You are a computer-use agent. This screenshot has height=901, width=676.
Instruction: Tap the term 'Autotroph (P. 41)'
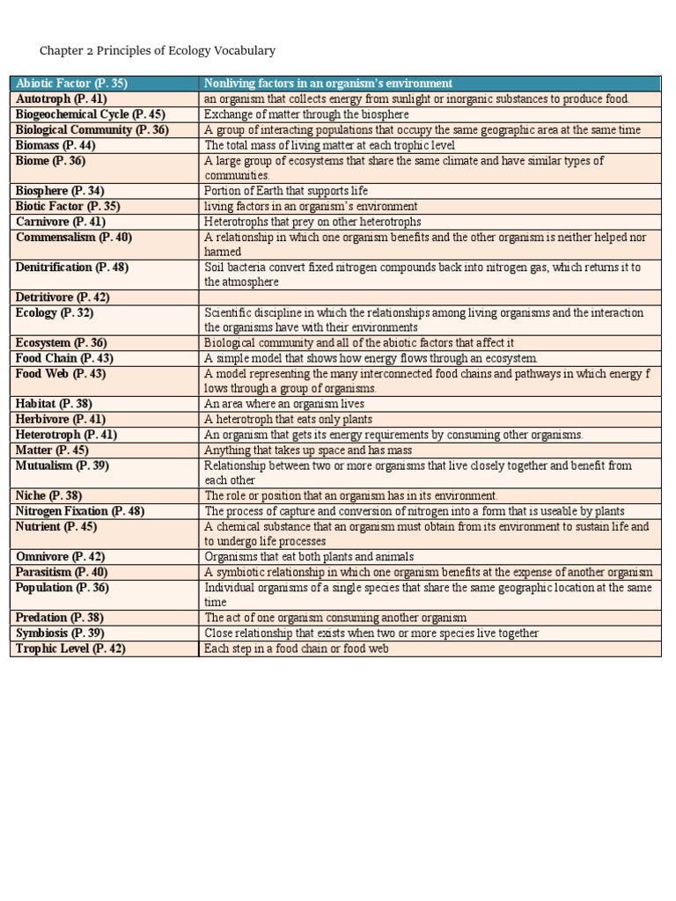(61, 99)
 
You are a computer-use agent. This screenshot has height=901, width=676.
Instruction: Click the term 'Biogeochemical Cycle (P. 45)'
(90, 114)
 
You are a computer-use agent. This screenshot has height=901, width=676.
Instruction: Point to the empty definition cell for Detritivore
(430, 297)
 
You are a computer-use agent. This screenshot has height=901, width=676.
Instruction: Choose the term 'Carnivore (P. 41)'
(60, 222)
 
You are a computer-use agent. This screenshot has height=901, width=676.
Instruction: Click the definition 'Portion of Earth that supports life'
(285, 191)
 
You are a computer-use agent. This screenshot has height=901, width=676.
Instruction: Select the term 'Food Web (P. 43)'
(60, 374)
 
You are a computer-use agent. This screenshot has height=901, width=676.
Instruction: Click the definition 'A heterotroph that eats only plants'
(288, 420)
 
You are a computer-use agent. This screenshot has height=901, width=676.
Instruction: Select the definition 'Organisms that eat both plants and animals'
(308, 557)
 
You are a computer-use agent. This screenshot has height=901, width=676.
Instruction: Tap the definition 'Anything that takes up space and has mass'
(307, 450)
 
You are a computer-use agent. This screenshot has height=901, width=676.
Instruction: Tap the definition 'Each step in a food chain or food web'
(296, 648)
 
